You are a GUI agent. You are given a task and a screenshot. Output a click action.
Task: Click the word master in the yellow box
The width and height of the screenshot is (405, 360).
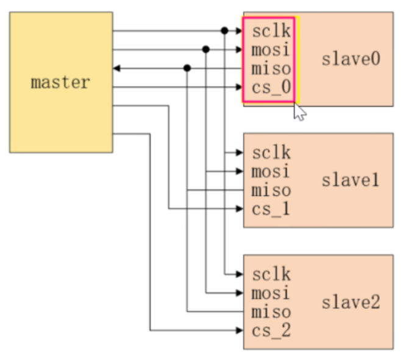point(60,82)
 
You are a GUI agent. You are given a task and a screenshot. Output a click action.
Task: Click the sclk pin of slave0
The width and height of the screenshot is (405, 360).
point(271,31)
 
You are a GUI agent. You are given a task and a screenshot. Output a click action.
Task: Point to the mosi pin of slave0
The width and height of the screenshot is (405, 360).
point(271,49)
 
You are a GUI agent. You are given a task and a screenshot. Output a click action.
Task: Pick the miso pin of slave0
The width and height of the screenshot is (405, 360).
point(271,68)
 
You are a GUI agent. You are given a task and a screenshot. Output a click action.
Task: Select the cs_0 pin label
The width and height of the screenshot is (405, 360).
point(271,87)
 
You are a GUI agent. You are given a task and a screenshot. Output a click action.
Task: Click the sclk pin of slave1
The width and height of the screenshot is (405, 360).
point(271,153)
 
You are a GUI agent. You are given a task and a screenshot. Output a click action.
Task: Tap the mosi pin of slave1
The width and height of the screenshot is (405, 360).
point(271,171)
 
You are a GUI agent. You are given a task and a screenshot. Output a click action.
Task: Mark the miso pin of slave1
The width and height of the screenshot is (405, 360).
point(271,190)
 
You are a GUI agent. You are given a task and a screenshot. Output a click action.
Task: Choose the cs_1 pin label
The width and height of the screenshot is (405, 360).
point(271,209)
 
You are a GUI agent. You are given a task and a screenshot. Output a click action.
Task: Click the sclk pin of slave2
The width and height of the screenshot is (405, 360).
point(271,274)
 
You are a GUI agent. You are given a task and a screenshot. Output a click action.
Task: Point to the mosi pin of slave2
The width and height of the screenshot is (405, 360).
point(271,293)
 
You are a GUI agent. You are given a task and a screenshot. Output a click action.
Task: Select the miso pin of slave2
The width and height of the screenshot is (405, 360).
point(271,312)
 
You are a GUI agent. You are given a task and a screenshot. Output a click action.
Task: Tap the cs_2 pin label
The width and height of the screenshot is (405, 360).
point(271,331)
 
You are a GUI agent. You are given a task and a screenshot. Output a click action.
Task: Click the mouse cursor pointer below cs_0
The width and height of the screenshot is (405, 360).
point(299,112)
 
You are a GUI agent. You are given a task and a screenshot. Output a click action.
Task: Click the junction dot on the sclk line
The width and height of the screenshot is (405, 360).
point(224,31)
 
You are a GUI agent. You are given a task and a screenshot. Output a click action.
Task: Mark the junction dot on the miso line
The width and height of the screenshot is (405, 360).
point(187,68)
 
